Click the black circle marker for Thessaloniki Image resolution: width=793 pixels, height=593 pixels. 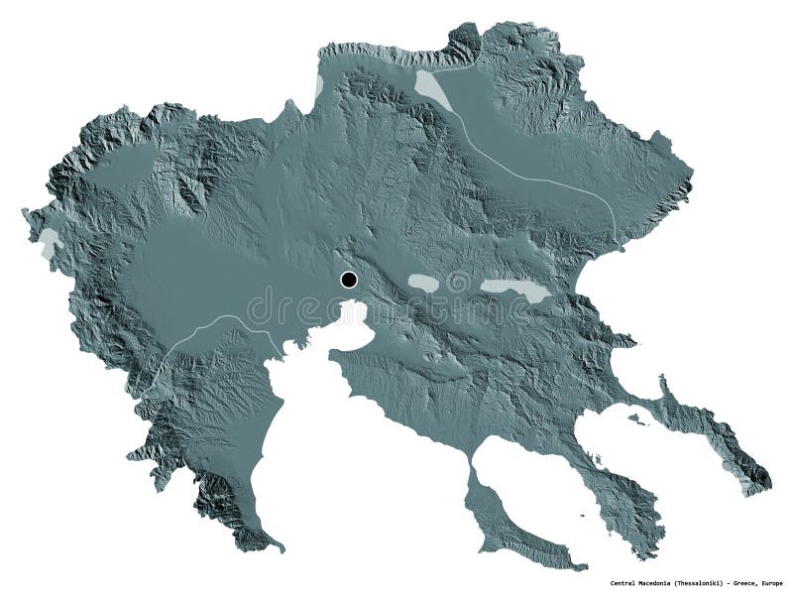[348, 280]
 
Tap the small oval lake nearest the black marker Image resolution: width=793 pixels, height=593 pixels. [424, 284]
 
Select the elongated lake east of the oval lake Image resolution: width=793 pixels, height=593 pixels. [514, 290]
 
